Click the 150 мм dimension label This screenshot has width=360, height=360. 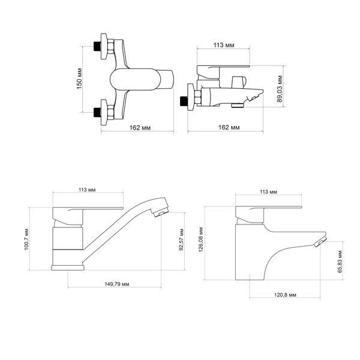pyautogui.click(x=79, y=79)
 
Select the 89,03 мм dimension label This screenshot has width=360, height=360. pyautogui.click(x=280, y=89)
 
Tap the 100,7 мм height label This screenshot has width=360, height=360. pyautogui.click(x=26, y=239)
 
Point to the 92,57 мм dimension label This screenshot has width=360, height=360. pyautogui.click(x=181, y=239)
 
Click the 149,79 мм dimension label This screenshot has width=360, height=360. pyautogui.click(x=117, y=284)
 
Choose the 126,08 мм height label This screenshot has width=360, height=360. pyautogui.click(x=201, y=239)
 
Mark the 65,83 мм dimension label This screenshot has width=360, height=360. pyautogui.click(x=340, y=262)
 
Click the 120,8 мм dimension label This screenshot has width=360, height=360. pyautogui.click(x=285, y=295)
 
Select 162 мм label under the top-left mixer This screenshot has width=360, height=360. pyautogui.click(x=140, y=128)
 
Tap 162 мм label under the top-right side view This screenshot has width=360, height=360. pyautogui.click(x=229, y=127)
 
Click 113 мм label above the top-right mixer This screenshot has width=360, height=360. pyautogui.click(x=224, y=45)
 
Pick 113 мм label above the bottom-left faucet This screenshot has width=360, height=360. pyautogui.click(x=87, y=190)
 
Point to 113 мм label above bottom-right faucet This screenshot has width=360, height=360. pyautogui.click(x=268, y=192)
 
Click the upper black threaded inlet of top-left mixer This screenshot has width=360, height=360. pyautogui.click(x=97, y=46)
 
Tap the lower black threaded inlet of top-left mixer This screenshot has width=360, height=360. pyautogui.click(x=97, y=113)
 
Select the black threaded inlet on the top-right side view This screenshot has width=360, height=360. pyautogui.click(x=184, y=101)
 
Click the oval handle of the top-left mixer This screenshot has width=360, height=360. pyautogui.click(x=135, y=79)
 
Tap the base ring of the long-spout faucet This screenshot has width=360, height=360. pyautogui.click(x=68, y=268)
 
